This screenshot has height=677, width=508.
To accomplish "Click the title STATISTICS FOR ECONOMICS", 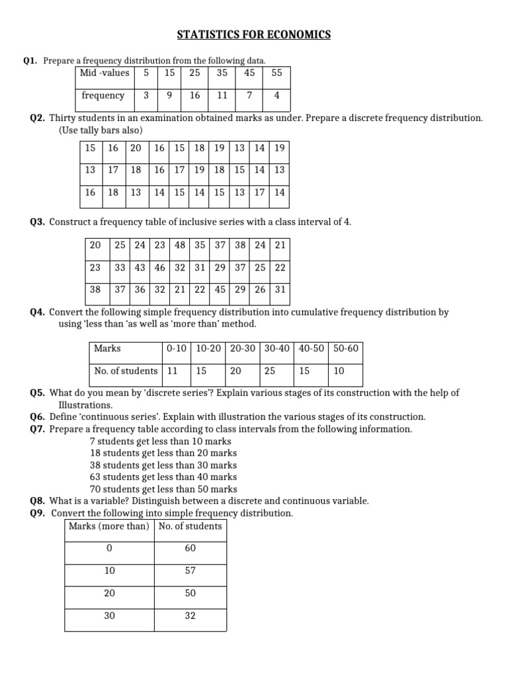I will click(254, 34).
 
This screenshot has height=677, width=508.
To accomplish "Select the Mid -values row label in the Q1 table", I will click(105, 73).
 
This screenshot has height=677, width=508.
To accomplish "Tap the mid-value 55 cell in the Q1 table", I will click(276, 73).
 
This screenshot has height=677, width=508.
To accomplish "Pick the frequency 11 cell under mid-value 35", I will click(222, 95).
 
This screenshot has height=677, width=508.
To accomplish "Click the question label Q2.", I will click(38, 118).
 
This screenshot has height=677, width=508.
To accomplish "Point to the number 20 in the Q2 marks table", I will click(136, 148).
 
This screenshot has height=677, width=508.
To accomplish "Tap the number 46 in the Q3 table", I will click(160, 267).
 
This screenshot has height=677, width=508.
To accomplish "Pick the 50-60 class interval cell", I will click(346, 348).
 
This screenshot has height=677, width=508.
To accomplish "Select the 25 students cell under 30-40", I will click(270, 371).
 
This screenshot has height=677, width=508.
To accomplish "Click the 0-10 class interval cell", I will click(177, 348).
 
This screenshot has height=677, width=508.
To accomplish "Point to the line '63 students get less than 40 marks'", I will click(163, 477).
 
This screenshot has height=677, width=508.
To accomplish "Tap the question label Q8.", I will click(38, 501).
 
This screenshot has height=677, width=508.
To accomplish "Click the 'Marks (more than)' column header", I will click(108, 526).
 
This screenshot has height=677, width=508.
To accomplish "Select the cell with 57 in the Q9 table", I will click(190, 571).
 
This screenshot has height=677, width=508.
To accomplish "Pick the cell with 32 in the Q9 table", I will click(190, 616).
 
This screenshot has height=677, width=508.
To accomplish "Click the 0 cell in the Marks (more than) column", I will click(110, 548).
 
